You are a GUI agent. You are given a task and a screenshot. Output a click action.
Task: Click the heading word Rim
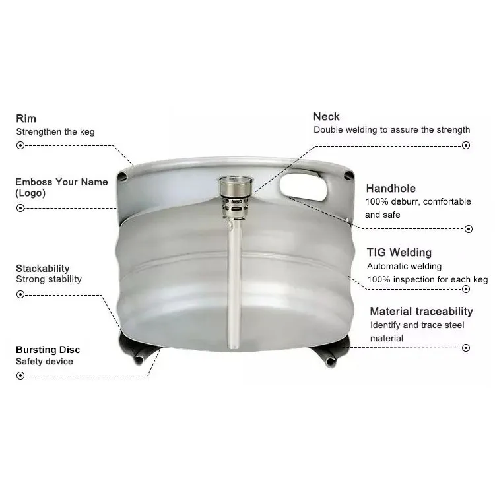pyautogui.click(x=26, y=119)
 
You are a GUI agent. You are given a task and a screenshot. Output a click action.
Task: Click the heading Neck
pyautogui.click(x=326, y=117)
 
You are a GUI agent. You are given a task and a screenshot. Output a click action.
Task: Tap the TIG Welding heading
pyautogui.click(x=399, y=252)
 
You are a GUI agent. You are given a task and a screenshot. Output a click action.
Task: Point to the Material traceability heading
pyautogui.click(x=421, y=311)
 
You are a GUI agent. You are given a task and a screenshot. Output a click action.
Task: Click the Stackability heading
pyautogui.click(x=43, y=268)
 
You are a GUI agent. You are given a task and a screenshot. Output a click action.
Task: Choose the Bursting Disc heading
pyautogui.click(x=48, y=350)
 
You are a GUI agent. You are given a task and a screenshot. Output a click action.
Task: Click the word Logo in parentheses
pyautogui.click(x=30, y=193)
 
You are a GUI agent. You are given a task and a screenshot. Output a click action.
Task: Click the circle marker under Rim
pyautogui.click(x=20, y=145)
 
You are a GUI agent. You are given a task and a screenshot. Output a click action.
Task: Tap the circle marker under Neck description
pyautogui.click(x=467, y=145)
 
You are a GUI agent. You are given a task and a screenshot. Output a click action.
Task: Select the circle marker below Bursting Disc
pyautogui.click(x=20, y=376)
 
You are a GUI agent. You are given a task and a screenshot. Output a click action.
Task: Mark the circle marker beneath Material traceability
pyautogui.click(x=467, y=347)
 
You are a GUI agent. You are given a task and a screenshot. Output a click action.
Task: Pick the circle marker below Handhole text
pyautogui.click(x=467, y=228)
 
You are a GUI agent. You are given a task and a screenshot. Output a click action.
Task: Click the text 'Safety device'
pyautogui.click(x=44, y=362)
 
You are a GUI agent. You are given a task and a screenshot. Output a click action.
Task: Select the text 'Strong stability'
pyautogui.click(x=49, y=279)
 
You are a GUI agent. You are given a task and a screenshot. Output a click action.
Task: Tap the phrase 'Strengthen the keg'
pyautogui.click(x=55, y=131)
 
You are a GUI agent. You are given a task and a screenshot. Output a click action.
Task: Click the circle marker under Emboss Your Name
pyautogui.click(x=20, y=207)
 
